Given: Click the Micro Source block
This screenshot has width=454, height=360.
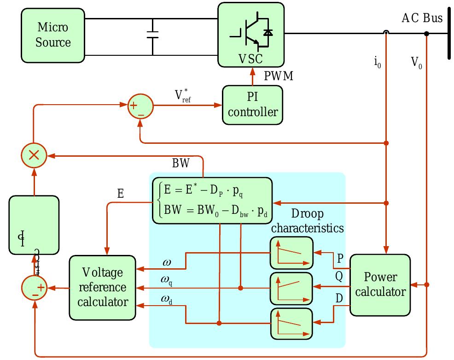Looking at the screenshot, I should click(x=52, y=36).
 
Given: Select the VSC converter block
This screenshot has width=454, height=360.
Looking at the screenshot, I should click(x=250, y=35).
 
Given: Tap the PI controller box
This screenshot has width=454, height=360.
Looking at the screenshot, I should click(x=252, y=105).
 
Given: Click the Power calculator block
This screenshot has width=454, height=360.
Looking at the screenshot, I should click(x=380, y=284).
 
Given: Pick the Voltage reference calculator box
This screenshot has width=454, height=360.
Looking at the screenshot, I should click(x=102, y=287).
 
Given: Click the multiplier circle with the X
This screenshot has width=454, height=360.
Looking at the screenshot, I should click(x=34, y=155).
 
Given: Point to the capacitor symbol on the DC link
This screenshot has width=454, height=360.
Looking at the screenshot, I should click(x=152, y=35).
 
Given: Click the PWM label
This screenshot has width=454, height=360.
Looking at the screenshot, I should click(x=278, y=76).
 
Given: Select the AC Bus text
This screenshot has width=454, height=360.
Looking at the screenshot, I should click(x=422, y=18).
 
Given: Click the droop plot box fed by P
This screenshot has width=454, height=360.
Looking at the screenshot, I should click(x=291, y=253).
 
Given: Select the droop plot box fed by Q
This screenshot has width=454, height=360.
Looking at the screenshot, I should click(x=291, y=287).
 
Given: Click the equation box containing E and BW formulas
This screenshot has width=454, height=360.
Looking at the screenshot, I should click(x=212, y=200).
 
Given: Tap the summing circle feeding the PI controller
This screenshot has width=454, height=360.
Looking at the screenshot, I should click(x=140, y=106).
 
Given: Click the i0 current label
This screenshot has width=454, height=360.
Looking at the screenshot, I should click(x=377, y=62).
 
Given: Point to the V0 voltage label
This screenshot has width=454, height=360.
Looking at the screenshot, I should click(x=416, y=62).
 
